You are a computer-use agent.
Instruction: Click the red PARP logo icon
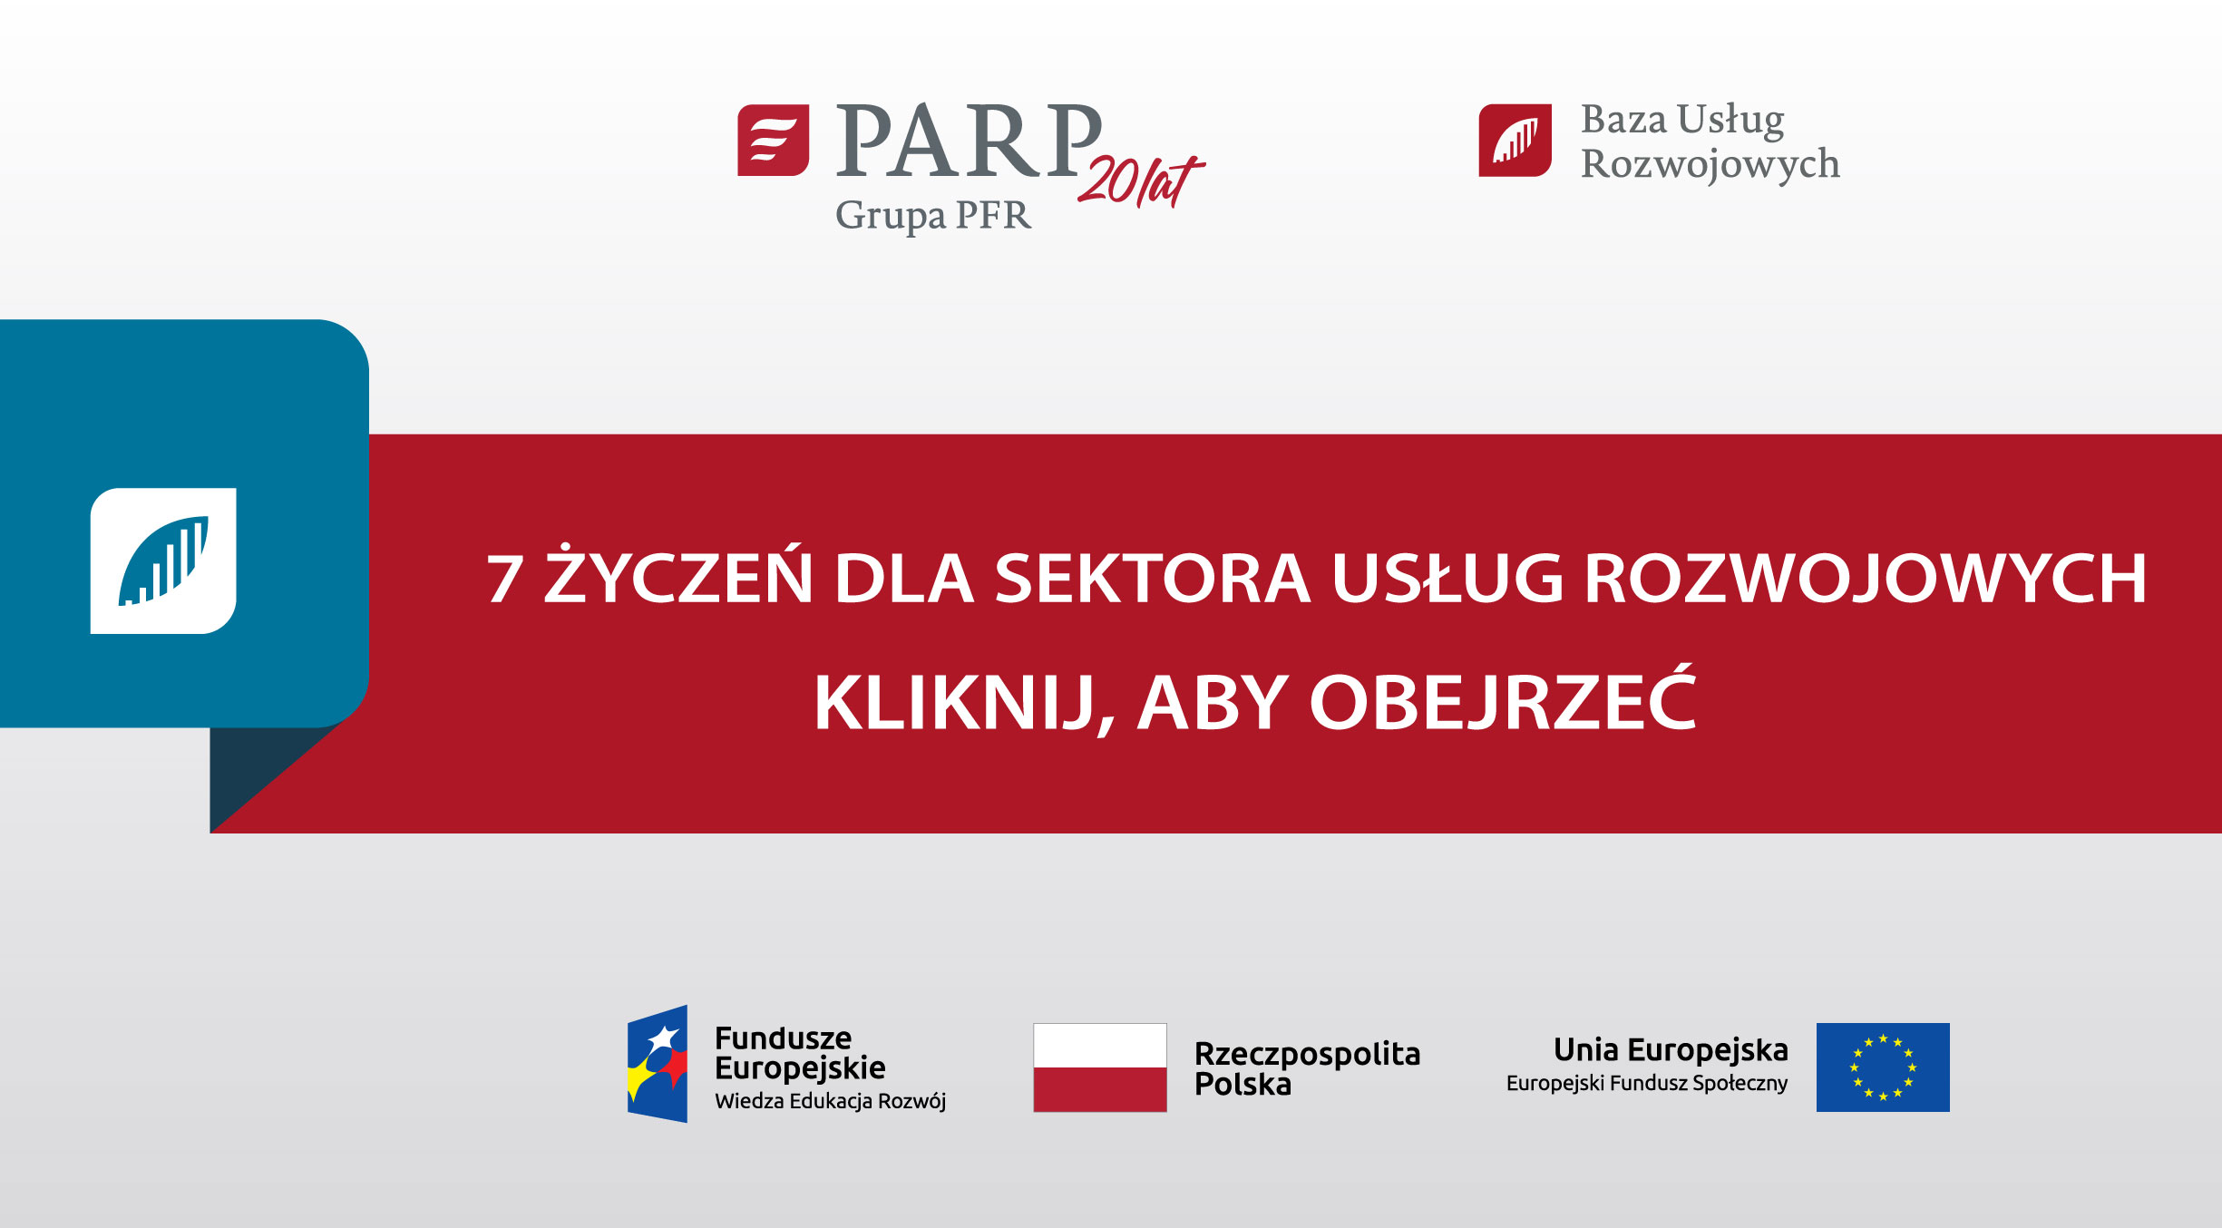(x=773, y=140)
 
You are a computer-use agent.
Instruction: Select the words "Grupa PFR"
(x=932, y=216)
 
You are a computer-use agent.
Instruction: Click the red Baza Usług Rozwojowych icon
(x=1515, y=140)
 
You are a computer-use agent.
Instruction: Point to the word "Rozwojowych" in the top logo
(x=1710, y=165)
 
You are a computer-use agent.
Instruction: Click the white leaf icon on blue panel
(x=163, y=560)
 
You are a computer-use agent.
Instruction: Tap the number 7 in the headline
(x=504, y=579)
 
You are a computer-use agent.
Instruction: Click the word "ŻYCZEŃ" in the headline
(x=678, y=577)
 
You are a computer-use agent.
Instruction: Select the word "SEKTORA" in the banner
(x=1152, y=579)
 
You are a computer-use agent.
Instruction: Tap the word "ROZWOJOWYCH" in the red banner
(x=1865, y=579)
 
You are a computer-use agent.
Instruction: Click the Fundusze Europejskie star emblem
(x=658, y=1064)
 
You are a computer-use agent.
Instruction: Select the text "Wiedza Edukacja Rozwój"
(x=830, y=1101)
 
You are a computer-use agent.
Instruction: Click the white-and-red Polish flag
(x=1099, y=1067)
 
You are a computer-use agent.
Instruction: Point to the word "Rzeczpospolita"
(x=1307, y=1054)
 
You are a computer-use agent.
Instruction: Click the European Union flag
(x=1883, y=1067)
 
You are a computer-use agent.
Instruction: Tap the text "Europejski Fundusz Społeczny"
(x=1646, y=1083)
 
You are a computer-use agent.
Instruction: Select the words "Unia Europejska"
(x=1671, y=1049)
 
